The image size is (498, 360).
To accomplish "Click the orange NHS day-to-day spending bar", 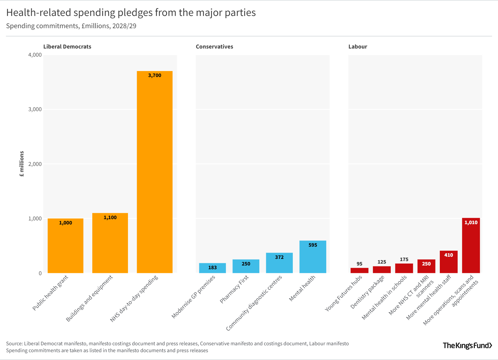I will click(155, 172).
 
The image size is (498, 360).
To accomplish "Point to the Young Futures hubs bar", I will click(359, 270).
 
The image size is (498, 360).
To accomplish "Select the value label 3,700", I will click(155, 75).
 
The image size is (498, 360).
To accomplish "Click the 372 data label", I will click(279, 257).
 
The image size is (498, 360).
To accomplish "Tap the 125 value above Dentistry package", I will click(382, 262).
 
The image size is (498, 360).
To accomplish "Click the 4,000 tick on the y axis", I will click(35, 55).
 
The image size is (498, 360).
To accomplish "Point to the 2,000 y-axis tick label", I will click(35, 164).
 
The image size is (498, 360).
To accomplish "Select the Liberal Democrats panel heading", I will click(67, 47).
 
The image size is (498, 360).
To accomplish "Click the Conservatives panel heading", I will click(214, 47).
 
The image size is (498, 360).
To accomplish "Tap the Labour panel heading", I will click(358, 47).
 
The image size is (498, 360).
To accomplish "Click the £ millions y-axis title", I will click(22, 164).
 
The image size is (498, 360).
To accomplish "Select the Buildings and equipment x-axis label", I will click(89, 298).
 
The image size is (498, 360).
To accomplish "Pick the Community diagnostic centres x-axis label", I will click(254, 303).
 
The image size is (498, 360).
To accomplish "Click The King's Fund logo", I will click(467, 346).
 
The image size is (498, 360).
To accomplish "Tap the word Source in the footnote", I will click(14, 344).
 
